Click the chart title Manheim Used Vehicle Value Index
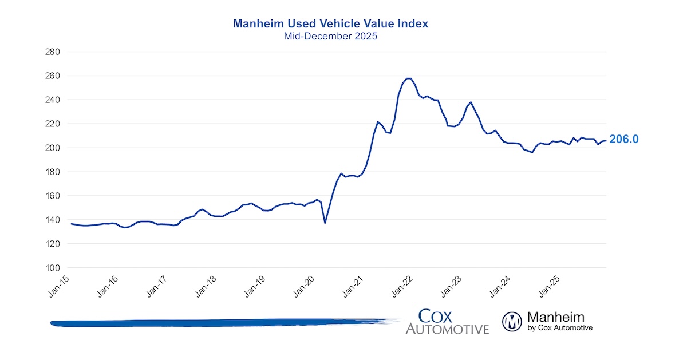pyautogui.click(x=330, y=24)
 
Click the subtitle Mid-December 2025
pyautogui.click(x=330, y=35)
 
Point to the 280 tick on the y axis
pyautogui.click(x=53, y=52)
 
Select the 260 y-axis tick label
pyautogui.click(x=53, y=76)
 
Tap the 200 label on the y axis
pyautogui.click(x=53, y=148)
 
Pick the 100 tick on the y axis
pyautogui.click(x=53, y=268)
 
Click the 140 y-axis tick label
pyautogui.click(x=53, y=220)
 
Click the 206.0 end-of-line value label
pyautogui.click(x=624, y=139)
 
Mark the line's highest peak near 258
pyautogui.click(x=409, y=78)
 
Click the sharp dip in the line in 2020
pyautogui.click(x=325, y=223)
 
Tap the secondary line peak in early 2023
pyautogui.click(x=471, y=102)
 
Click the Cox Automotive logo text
pyautogui.click(x=447, y=322)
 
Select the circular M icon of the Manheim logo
pyautogui.click(x=512, y=322)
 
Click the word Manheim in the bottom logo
pyautogui.click(x=555, y=317)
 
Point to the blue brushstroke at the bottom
pyautogui.click(x=223, y=323)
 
